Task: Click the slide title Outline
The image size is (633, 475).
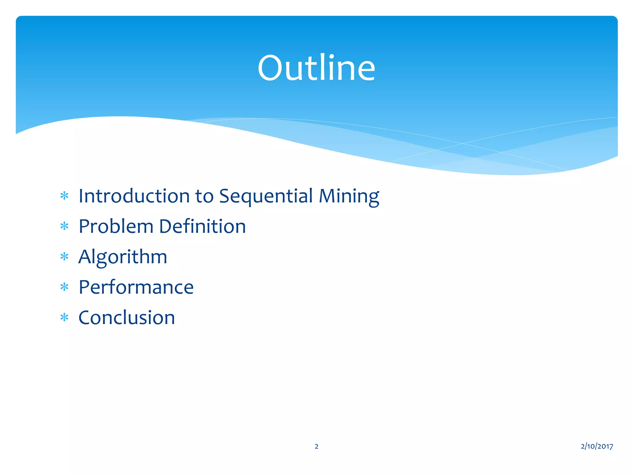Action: [x=316, y=68]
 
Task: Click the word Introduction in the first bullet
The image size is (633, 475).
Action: [x=134, y=196]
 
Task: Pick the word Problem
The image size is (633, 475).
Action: [x=116, y=226]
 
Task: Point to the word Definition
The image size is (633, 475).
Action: [x=202, y=226]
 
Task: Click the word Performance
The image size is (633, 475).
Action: [x=136, y=287]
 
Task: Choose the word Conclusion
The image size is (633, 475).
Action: [x=127, y=318]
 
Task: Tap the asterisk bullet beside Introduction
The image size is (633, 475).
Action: [x=64, y=196]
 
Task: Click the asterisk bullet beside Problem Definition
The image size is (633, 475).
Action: [x=64, y=226]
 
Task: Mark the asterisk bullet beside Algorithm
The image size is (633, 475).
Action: [x=64, y=257]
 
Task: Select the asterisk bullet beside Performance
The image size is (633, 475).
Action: [x=64, y=287]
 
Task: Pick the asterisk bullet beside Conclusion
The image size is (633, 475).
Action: [x=64, y=318]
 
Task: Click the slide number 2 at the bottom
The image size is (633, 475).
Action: [x=316, y=446]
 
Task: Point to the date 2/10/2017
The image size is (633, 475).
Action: [x=597, y=446]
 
